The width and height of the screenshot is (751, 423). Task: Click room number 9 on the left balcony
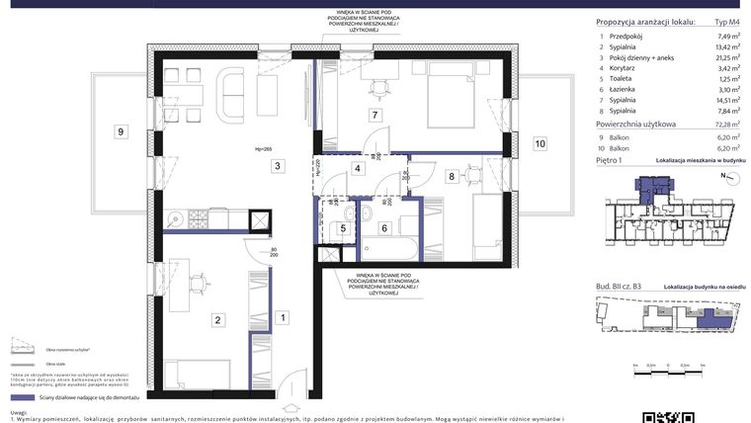pyautogui.click(x=120, y=130)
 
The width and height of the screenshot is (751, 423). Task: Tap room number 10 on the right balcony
pyautogui.click(x=540, y=143)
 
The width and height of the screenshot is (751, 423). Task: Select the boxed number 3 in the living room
pyautogui.click(x=279, y=165)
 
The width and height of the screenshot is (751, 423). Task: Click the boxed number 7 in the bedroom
pyautogui.click(x=375, y=116)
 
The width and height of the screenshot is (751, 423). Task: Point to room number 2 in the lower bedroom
pyautogui.click(x=218, y=318)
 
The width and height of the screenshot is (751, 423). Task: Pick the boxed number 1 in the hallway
pyautogui.click(x=283, y=317)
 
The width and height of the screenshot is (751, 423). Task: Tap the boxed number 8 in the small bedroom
pyautogui.click(x=452, y=177)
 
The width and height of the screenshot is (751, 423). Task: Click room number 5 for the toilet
pyautogui.click(x=343, y=228)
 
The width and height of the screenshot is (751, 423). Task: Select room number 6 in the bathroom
pyautogui.click(x=384, y=228)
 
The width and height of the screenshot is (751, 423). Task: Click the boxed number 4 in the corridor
pyautogui.click(x=358, y=168)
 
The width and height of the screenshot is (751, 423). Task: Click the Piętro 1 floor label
pyautogui.click(x=609, y=158)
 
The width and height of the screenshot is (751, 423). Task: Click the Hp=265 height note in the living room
pyautogui.click(x=264, y=149)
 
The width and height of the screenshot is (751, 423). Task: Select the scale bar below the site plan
pyautogui.click(x=673, y=367)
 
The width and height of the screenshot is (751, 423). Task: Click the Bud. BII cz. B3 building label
pyautogui.click(x=619, y=284)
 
